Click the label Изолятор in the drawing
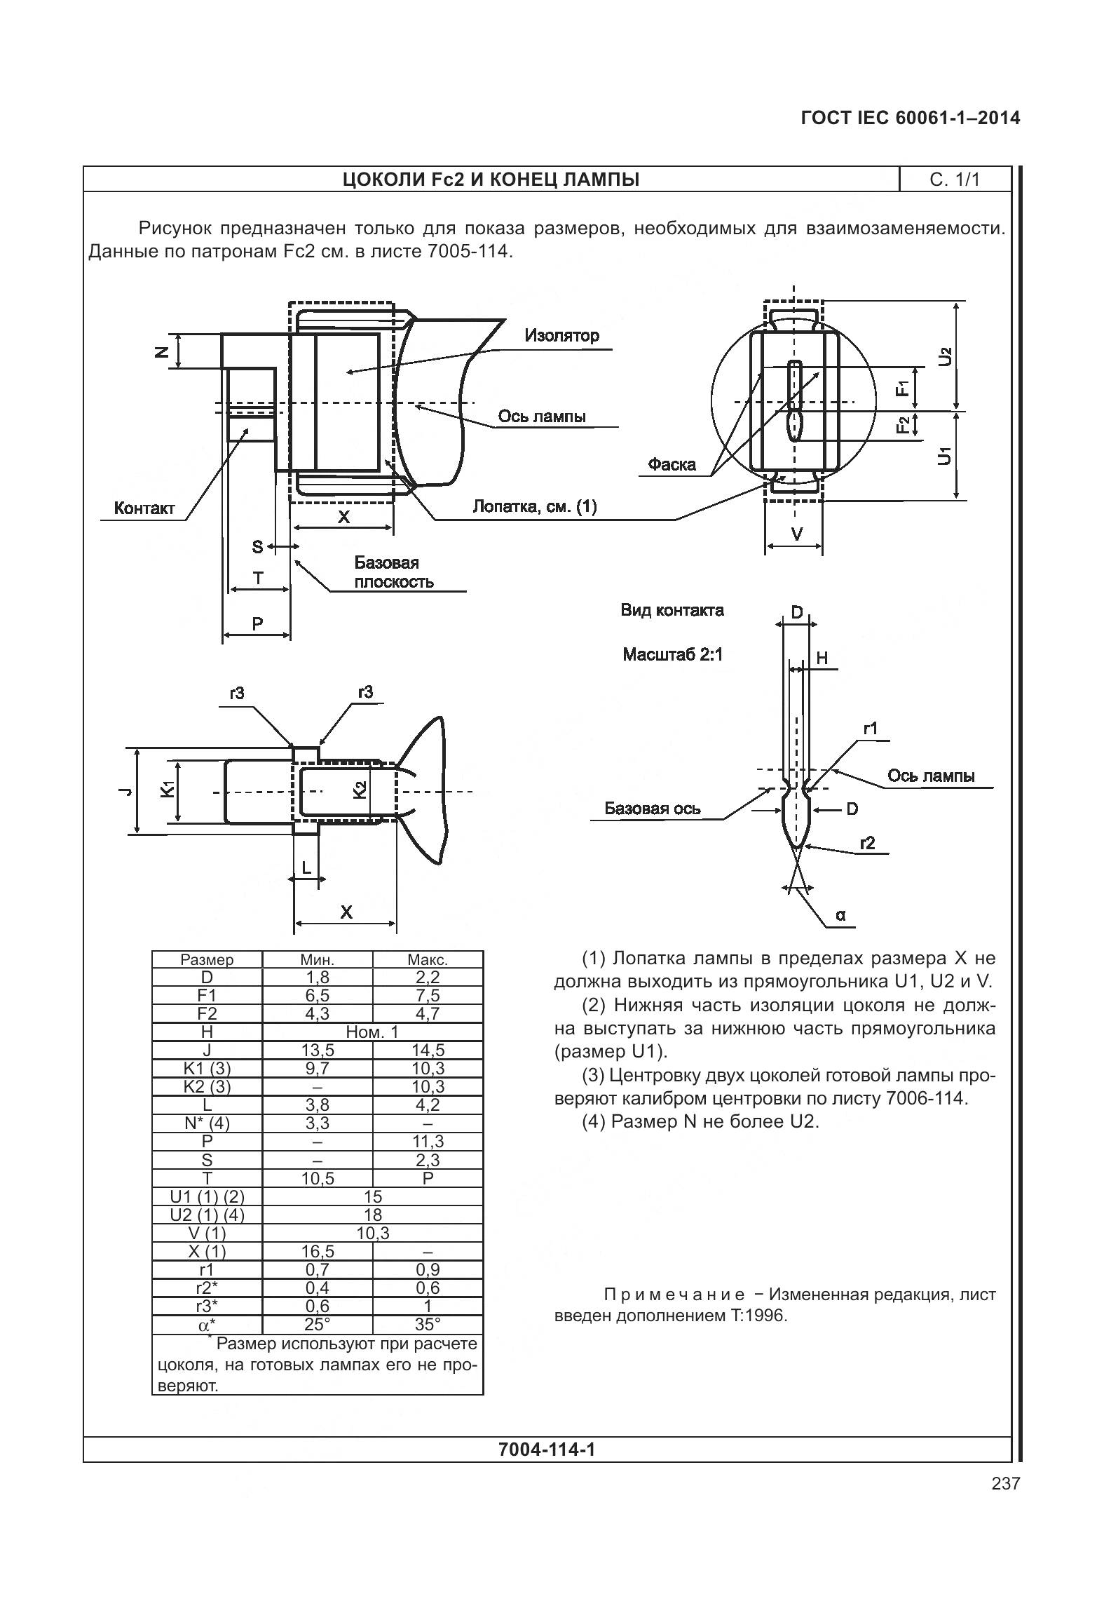(x=561, y=335)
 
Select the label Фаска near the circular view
(x=672, y=464)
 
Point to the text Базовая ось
(x=652, y=809)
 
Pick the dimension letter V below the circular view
(x=796, y=534)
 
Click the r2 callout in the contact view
(x=868, y=843)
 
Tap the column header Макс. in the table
(x=428, y=960)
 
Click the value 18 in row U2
(x=373, y=1215)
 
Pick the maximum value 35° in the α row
(x=428, y=1324)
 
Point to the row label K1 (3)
(x=207, y=1068)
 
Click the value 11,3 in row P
(x=428, y=1142)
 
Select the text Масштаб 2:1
(x=672, y=655)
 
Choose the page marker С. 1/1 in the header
(x=955, y=180)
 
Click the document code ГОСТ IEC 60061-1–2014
(x=910, y=118)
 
